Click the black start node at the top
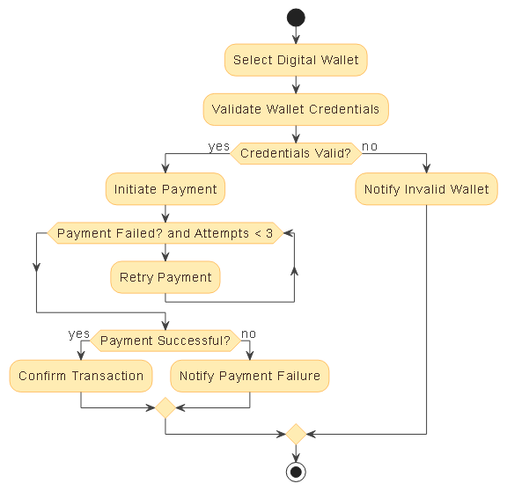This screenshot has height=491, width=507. point(296,18)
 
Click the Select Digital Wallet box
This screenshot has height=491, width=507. point(296,60)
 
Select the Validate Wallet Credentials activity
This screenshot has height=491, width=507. point(296,110)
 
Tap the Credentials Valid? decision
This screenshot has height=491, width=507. point(296,153)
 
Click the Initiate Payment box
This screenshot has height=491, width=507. point(165,189)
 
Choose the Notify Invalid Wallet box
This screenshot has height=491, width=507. point(427,189)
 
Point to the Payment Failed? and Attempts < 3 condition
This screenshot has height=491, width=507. point(165,233)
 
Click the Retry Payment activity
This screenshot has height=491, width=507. point(165,277)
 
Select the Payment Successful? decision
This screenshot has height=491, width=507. point(165,340)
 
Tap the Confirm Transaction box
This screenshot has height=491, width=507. point(81,376)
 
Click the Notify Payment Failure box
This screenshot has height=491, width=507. point(250,376)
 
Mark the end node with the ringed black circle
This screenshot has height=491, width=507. point(296,472)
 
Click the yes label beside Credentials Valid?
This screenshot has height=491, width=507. point(218,146)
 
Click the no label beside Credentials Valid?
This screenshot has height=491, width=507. point(371,146)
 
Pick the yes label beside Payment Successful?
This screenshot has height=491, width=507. point(79,333)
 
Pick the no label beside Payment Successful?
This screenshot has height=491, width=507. point(249,333)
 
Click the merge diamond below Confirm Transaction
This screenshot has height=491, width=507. point(165,408)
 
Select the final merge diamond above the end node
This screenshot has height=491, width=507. point(296,434)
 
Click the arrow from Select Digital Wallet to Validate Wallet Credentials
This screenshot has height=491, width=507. point(296,84)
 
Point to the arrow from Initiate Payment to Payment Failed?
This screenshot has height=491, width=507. point(165,213)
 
